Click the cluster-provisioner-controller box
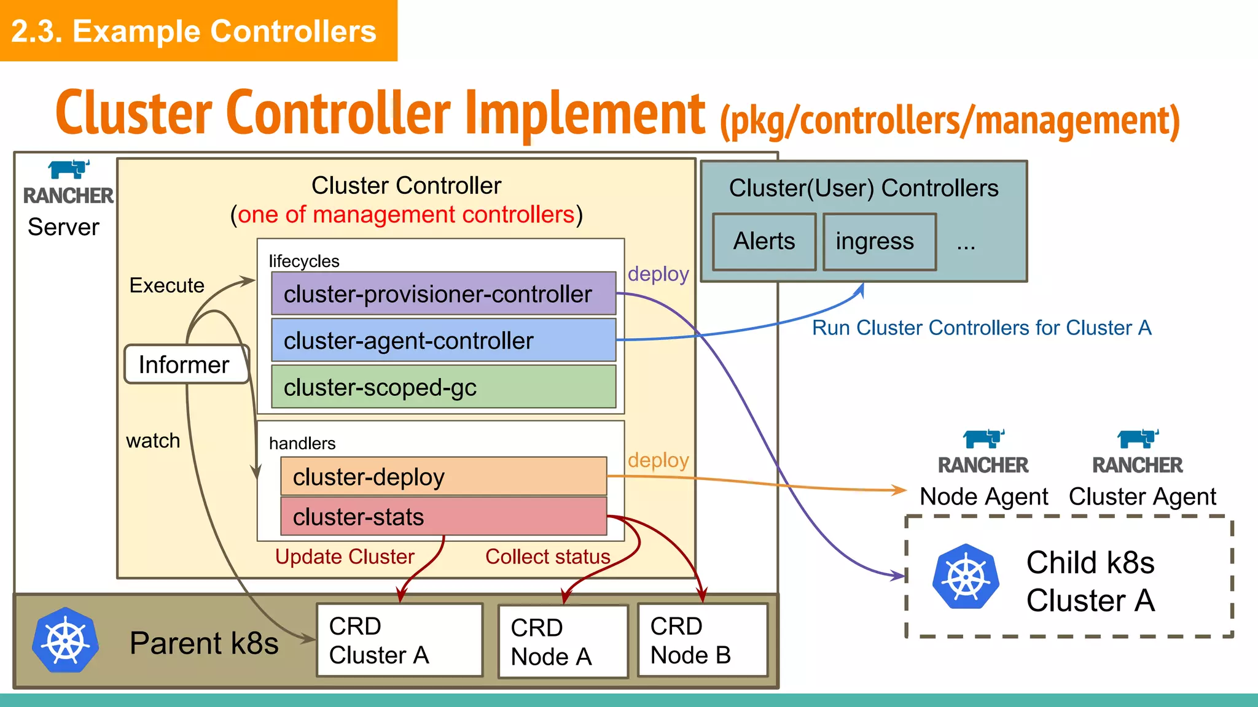pos(443,293)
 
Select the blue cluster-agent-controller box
pos(443,340)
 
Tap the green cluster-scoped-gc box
pos(443,387)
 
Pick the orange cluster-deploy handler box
pos(443,476)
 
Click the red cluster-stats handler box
pos(443,516)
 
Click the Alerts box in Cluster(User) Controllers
pos(764,242)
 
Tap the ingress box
pos(879,242)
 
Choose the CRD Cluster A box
pos(399,640)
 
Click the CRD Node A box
pos(563,641)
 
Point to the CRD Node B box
pos(703,640)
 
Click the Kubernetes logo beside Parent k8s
pos(65,640)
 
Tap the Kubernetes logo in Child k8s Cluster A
pos(966,577)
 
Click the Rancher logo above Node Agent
pos(983,438)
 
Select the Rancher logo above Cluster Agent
pos(1138,438)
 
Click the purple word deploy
pos(658,274)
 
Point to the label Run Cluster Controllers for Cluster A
pos(981,328)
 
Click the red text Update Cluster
pos(345,557)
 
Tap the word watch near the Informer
pos(153,441)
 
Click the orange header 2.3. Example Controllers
pos(194,31)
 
